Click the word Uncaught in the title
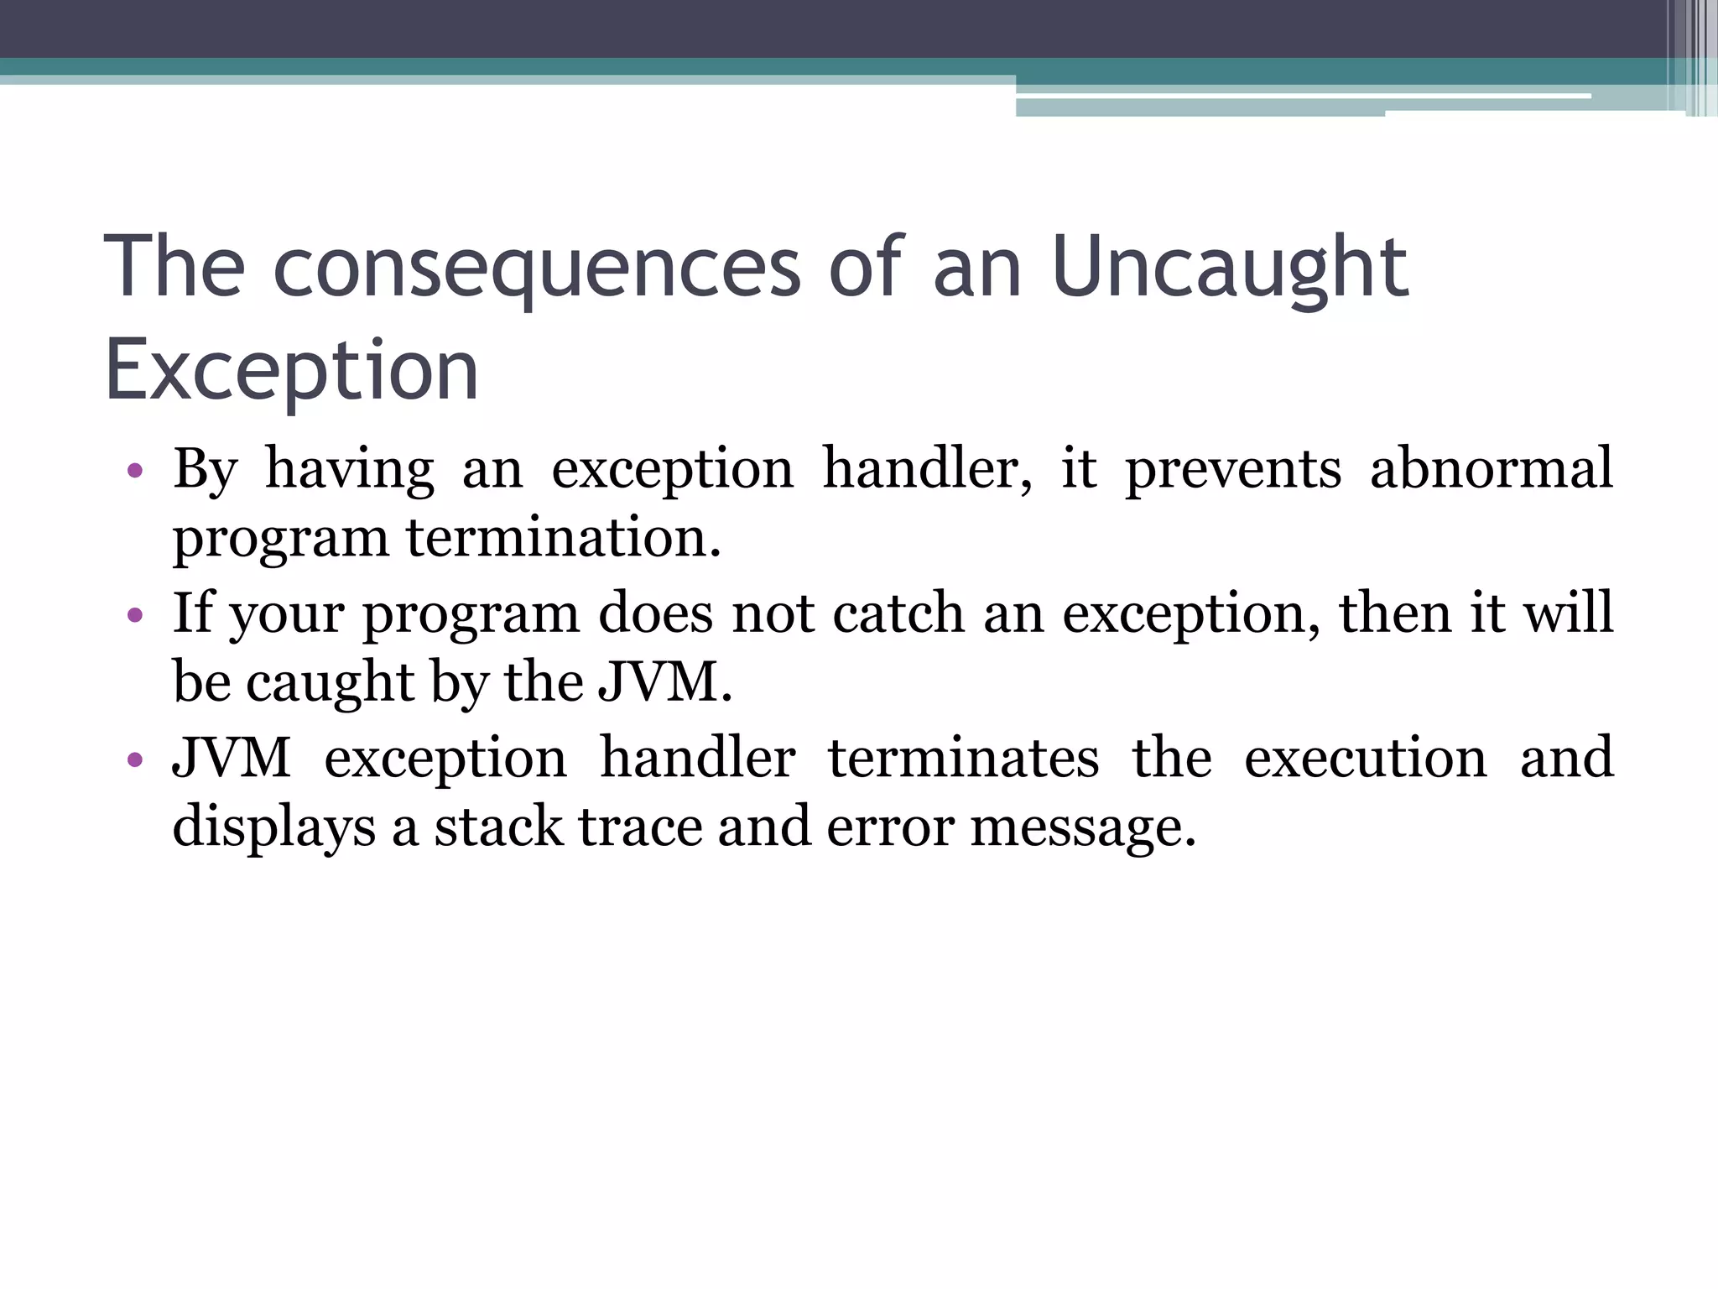click(x=1229, y=269)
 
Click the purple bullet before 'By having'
click(x=135, y=471)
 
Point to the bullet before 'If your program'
click(x=135, y=616)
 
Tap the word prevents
click(x=1232, y=470)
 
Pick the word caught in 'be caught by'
click(x=330, y=683)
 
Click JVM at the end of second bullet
click(x=664, y=681)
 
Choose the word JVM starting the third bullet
click(x=232, y=757)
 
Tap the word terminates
click(x=963, y=758)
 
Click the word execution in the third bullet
click(x=1365, y=758)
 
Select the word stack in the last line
click(x=498, y=827)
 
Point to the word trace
click(x=640, y=827)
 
